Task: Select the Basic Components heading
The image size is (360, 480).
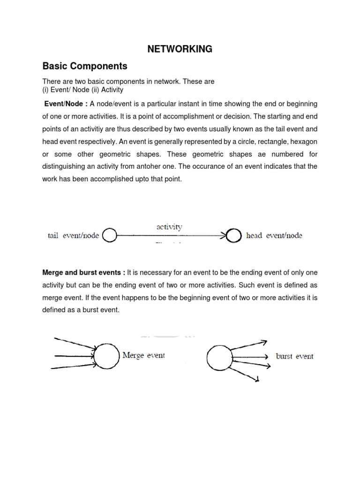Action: coord(85,66)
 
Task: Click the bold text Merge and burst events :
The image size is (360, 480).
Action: coord(84,272)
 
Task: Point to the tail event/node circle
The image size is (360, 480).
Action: coord(109,236)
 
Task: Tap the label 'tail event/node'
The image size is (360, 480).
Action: coord(73,236)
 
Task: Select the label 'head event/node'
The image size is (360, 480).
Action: coord(274,236)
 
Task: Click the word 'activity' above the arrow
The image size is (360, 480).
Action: coord(169,227)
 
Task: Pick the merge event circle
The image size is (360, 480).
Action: coord(107,356)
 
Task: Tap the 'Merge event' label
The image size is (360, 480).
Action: coord(143,356)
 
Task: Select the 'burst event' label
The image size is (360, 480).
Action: coord(295,356)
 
